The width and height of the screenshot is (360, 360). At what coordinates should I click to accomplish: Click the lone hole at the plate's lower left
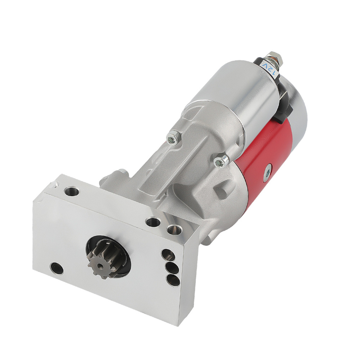click(57, 268)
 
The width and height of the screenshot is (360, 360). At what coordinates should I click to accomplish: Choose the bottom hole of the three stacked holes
click(172, 279)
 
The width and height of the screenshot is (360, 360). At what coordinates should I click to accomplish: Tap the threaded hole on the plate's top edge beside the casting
click(152, 221)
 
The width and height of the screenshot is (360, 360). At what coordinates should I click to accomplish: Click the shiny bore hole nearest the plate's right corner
click(175, 229)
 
